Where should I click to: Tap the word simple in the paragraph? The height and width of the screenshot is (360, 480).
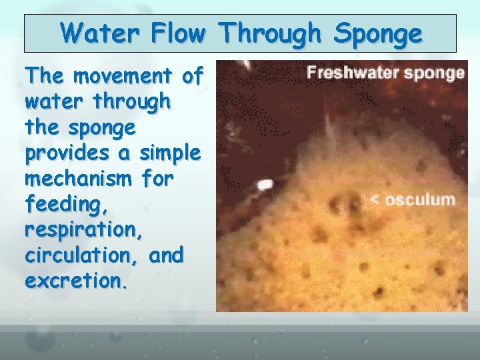pos(170,153)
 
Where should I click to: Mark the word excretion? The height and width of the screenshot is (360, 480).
pos(75,281)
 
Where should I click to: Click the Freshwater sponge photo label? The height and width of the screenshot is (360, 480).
pos(386,73)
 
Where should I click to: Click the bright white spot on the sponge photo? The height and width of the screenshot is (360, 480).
pos(265,184)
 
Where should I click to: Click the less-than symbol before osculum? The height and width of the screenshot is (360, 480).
pos(375,199)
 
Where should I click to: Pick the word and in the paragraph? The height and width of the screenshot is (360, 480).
pos(166,255)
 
